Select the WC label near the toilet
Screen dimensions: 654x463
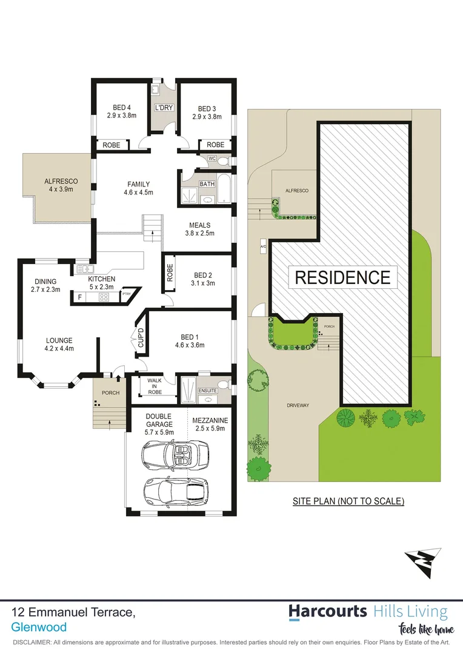pos(212,159)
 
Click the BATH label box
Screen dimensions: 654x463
pos(207,184)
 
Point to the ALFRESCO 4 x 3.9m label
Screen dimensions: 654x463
pos(59,185)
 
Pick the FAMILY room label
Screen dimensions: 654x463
pos(138,188)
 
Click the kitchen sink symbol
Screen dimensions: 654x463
pos(83,268)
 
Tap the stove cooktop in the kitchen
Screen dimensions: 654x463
pos(104,297)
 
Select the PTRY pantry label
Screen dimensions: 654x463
pos(127,294)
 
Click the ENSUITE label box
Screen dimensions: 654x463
pos(208,391)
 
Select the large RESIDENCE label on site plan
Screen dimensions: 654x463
pos(342,277)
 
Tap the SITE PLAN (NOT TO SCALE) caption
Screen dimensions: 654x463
pos(348,501)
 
